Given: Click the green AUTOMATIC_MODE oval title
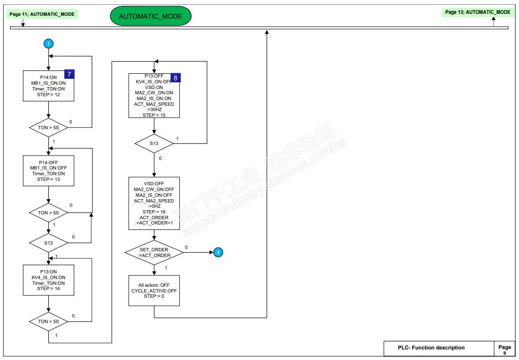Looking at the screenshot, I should pyautogui.click(x=150, y=16).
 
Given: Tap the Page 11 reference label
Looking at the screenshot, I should pyautogui.click(x=42, y=14).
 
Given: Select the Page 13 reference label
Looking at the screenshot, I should pyautogui.click(x=477, y=12).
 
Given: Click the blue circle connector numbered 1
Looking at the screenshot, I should pyautogui.click(x=48, y=44).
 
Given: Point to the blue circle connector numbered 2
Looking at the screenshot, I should pyautogui.click(x=218, y=252).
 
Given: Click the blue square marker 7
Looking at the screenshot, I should pyautogui.click(x=70, y=74).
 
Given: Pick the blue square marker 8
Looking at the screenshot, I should pyautogui.click(x=175, y=77).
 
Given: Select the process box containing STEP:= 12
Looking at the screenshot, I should pyautogui.click(x=48, y=86).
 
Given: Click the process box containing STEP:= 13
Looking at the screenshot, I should pyautogui.click(x=48, y=171).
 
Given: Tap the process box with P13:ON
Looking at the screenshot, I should pyautogui.click(x=48, y=280).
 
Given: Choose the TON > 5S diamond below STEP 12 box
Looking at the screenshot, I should pyautogui.click(x=48, y=128).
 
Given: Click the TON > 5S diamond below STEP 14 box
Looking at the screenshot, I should pyautogui.click(x=48, y=321).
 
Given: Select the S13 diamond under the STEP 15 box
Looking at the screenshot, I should pyautogui.click(x=154, y=143).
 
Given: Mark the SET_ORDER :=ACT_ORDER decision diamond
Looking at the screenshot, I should pyautogui.click(x=154, y=252).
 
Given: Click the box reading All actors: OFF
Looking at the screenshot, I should pyautogui.click(x=154, y=291).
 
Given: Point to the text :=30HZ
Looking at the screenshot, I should pyautogui.click(x=154, y=110).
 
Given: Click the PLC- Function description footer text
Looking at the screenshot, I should pyautogui.click(x=431, y=348).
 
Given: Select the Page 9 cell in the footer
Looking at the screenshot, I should pyautogui.click(x=504, y=349).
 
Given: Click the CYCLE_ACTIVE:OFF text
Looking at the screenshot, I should pyautogui.click(x=154, y=291).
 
